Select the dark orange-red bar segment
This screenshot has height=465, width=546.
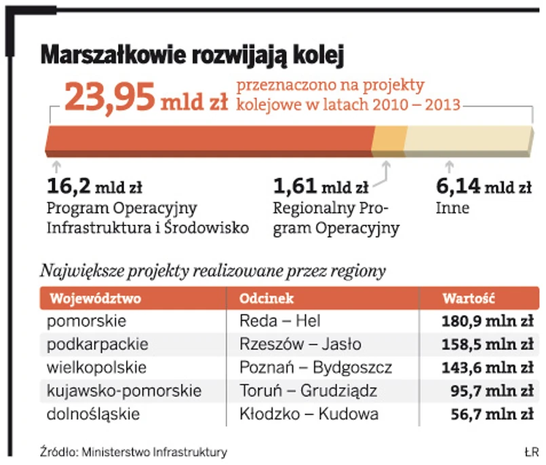point(210,141)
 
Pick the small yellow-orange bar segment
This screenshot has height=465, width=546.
point(389,141)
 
